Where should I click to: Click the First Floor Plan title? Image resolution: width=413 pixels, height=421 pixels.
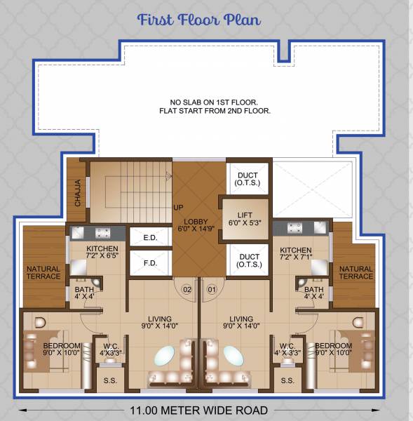point(199,19)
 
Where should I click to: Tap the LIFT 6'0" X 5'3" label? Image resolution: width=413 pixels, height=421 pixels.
point(245,218)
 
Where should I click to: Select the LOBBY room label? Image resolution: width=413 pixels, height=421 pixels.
point(191,223)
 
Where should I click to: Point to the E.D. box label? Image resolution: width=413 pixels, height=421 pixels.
point(149,238)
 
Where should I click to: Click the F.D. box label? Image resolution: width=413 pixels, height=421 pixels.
point(149,264)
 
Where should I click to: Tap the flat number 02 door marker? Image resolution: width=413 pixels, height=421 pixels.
point(187,288)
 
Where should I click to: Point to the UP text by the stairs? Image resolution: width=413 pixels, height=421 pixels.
point(179,208)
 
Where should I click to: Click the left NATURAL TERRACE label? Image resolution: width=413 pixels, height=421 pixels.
point(43,272)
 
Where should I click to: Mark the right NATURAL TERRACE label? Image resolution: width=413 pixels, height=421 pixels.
point(356,272)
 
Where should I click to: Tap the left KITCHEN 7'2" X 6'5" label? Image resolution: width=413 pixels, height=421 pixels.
point(102,253)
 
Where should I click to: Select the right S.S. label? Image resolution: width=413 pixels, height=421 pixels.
point(287,380)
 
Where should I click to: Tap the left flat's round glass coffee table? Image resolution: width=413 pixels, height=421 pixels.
point(167,356)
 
